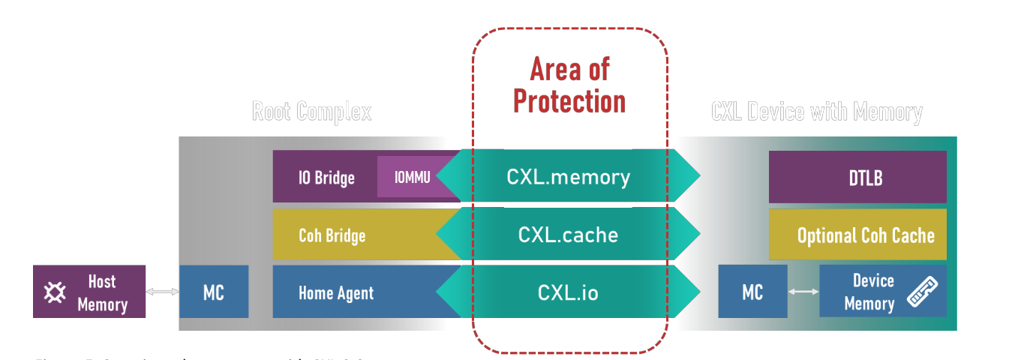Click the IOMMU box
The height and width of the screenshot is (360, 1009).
pyautogui.click(x=412, y=177)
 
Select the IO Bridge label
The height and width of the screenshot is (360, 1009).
pyautogui.click(x=326, y=178)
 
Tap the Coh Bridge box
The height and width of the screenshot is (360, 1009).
pyautogui.click(x=332, y=235)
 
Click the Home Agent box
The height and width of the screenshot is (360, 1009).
pyautogui.click(x=336, y=292)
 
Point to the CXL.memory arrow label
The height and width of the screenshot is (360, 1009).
pyautogui.click(x=568, y=177)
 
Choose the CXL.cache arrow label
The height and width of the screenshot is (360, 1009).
pyautogui.click(x=568, y=235)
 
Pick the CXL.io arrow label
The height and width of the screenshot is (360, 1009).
pyautogui.click(x=568, y=292)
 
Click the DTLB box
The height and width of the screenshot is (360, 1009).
pyautogui.click(x=857, y=178)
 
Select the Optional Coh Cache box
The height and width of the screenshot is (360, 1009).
pyautogui.click(x=865, y=235)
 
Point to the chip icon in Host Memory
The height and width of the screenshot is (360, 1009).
pyautogui.click(x=54, y=292)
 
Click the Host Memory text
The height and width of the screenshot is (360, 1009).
pyautogui.click(x=102, y=292)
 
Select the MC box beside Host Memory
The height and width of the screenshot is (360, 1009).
pyautogui.click(x=214, y=292)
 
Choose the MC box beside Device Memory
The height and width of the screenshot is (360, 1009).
pyautogui.click(x=752, y=292)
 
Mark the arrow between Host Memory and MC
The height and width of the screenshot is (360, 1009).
pyautogui.click(x=162, y=292)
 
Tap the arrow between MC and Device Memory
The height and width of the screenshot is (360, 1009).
pyautogui.click(x=803, y=292)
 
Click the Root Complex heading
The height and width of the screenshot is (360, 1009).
pyautogui.click(x=311, y=112)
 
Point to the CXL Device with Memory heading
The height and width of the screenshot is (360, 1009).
pyautogui.click(x=816, y=112)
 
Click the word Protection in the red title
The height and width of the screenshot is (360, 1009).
pyautogui.click(x=569, y=101)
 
